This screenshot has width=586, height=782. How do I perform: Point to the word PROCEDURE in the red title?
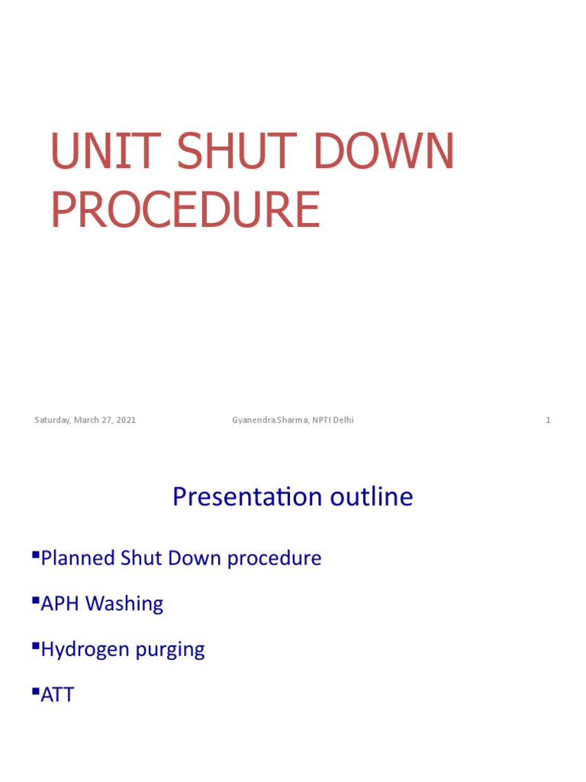click(x=185, y=210)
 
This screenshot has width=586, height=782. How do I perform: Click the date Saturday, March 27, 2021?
click(x=85, y=420)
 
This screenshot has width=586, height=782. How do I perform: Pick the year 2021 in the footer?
click(x=126, y=420)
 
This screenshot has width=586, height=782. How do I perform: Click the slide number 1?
click(x=548, y=420)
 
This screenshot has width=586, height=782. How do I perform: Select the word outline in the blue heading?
click(x=372, y=497)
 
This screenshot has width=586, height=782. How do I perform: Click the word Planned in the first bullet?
click(x=78, y=558)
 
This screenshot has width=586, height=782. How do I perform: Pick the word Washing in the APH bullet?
click(x=124, y=604)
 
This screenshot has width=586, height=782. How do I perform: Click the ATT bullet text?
click(x=57, y=696)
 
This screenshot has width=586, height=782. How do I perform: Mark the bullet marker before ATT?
click(x=36, y=691)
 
